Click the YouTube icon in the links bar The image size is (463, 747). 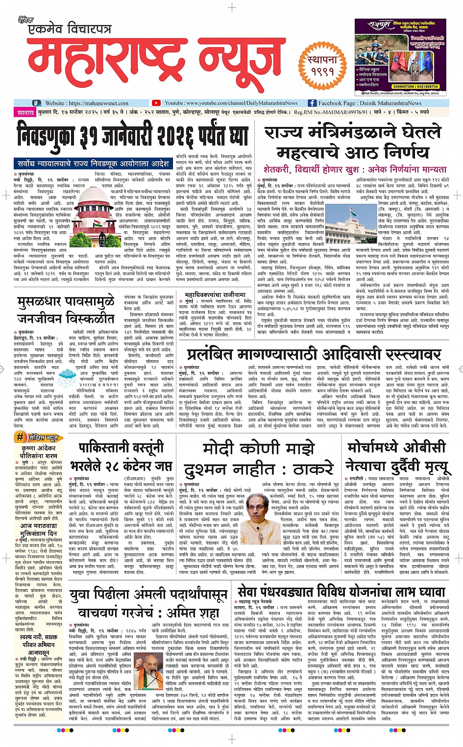(156, 103)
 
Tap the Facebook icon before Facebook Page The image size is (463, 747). (312, 103)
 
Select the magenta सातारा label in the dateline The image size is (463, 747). (25, 113)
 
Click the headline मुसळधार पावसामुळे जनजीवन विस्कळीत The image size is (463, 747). (66, 310)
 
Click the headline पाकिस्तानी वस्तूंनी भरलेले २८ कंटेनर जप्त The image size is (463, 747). (121, 456)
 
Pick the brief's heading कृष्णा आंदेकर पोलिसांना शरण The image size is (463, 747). (39, 452)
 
